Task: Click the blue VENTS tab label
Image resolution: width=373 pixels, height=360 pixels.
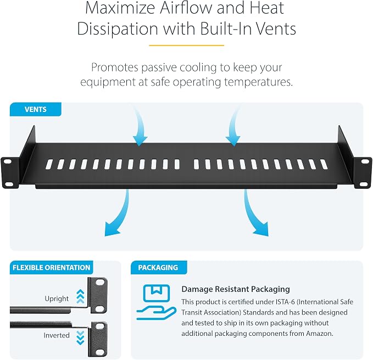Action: click(36, 109)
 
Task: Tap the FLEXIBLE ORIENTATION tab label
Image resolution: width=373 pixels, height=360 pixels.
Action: click(52, 268)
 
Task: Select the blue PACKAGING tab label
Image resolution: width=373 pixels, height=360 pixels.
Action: click(159, 268)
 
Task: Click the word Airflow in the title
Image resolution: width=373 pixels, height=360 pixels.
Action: click(186, 8)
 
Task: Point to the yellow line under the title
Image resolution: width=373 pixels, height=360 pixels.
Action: click(187, 45)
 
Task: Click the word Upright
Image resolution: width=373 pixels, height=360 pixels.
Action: click(57, 299)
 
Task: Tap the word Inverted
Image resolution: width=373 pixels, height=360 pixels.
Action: click(57, 335)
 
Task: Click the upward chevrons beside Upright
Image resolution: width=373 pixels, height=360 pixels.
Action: click(80, 296)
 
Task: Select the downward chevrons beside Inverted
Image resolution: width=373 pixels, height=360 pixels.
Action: click(80, 337)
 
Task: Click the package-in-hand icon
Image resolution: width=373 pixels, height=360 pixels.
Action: click(157, 302)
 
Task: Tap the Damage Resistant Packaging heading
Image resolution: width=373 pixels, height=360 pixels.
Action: click(236, 289)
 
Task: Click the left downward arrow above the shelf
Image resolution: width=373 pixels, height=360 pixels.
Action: click(140, 125)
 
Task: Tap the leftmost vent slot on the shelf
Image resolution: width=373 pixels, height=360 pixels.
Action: click(49, 164)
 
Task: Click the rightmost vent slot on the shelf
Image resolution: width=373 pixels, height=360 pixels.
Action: click(324, 164)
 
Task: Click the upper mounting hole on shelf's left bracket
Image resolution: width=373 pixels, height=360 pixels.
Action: click(7, 161)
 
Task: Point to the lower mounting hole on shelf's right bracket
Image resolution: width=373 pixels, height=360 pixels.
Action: click(364, 184)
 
